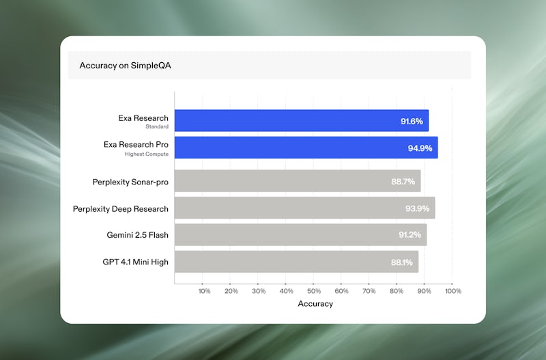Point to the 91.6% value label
(412, 122)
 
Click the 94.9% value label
(420, 148)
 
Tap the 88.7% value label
(403, 182)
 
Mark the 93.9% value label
(418, 208)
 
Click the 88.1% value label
(401, 262)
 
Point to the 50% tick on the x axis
(315, 291)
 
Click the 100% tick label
(452, 291)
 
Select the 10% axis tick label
(204, 291)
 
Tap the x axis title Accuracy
(315, 303)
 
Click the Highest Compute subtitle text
(146, 154)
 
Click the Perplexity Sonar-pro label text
(130, 182)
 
